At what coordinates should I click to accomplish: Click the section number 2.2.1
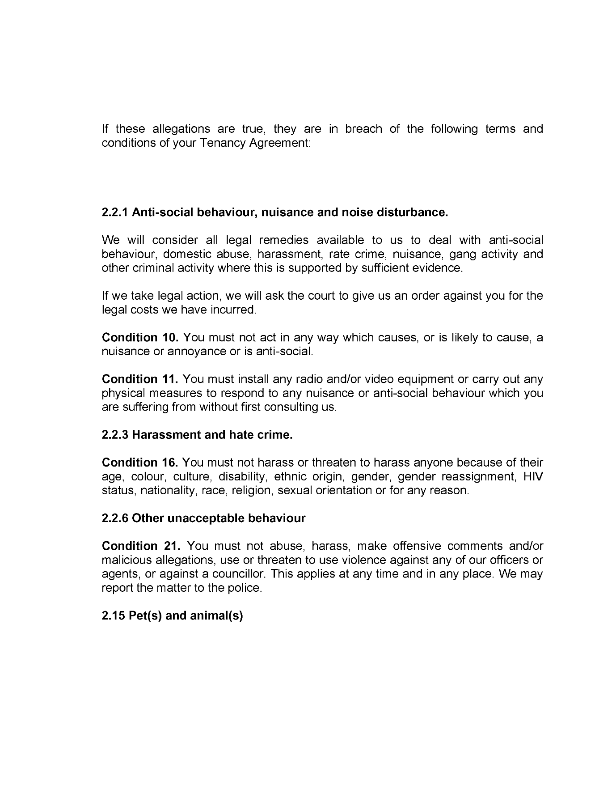click(x=115, y=212)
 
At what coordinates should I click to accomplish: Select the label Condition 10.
click(x=140, y=337)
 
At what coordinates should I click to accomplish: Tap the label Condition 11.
click(x=140, y=379)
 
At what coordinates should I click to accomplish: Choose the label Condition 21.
click(x=141, y=546)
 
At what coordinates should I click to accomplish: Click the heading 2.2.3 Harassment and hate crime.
click(x=197, y=435)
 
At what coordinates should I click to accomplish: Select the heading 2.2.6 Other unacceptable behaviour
click(x=203, y=518)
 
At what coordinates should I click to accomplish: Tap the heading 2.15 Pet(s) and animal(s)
click(x=172, y=616)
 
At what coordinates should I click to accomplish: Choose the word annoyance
click(x=197, y=352)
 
